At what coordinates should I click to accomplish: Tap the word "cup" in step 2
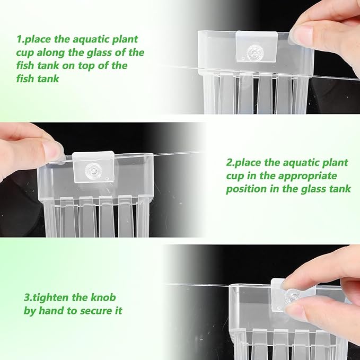click(x=235, y=175)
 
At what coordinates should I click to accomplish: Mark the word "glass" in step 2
click(x=315, y=189)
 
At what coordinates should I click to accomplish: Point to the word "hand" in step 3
click(x=54, y=311)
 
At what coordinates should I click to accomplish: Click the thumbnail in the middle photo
click(x=54, y=151)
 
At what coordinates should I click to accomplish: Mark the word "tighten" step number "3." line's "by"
click(x=30, y=311)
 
